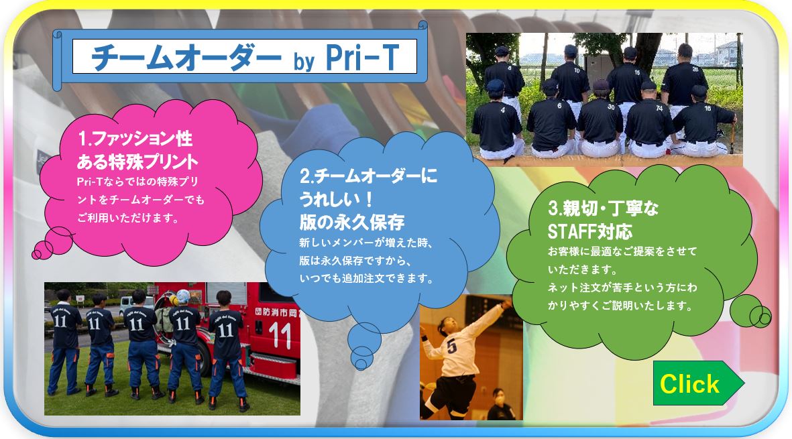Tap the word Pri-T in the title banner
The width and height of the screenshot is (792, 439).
(362, 56)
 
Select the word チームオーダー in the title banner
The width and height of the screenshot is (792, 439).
(186, 58)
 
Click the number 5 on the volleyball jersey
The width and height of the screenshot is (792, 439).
(451, 346)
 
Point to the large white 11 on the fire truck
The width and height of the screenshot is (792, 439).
(280, 336)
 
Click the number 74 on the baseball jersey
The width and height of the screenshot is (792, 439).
(660, 107)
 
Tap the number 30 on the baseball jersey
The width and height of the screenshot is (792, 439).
(611, 107)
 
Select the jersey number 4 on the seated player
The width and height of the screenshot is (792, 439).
(502, 109)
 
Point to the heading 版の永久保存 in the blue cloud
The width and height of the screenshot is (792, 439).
(352, 222)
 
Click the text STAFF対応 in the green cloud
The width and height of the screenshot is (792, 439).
(590, 232)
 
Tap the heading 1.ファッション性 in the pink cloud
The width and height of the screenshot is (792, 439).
(135, 138)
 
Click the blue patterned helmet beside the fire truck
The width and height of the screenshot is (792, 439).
(183, 296)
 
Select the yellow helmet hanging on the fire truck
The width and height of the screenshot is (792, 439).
(174, 300)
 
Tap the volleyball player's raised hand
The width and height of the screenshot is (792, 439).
(506, 304)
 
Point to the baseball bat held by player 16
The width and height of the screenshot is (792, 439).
(732, 137)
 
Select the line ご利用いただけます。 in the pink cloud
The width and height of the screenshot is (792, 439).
(128, 218)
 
